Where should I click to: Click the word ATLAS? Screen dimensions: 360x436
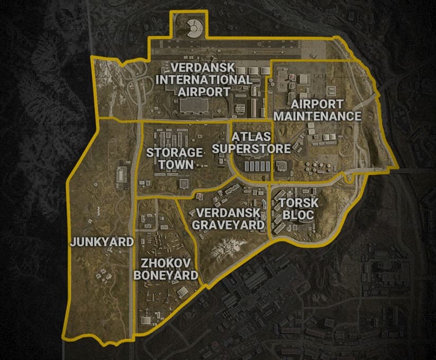(x=251, y=137)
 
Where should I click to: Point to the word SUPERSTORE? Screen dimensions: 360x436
(x=251, y=148)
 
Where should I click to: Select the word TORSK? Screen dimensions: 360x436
(x=292, y=203)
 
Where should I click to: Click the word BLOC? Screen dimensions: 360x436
(x=292, y=215)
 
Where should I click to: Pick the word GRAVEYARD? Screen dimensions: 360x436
(x=228, y=224)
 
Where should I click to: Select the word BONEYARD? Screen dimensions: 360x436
(x=166, y=275)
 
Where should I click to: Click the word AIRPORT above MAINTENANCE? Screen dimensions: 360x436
(x=317, y=104)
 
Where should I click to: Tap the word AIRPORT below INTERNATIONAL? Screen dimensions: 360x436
(x=204, y=91)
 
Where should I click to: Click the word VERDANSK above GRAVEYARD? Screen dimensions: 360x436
(x=228, y=212)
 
